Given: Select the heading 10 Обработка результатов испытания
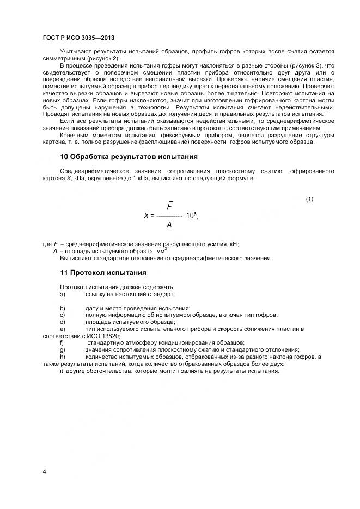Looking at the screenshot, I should click(x=129, y=157).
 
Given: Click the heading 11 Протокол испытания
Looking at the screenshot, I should click(x=103, y=272).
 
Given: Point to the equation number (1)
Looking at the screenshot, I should click(x=309, y=199).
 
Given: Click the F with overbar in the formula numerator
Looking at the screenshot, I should click(x=169, y=206).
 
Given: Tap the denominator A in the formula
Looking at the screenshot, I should click(x=169, y=224).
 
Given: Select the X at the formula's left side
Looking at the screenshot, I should click(x=146, y=216).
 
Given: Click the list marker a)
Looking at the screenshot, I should click(x=63, y=294).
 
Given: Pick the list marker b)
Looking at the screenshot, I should click(x=63, y=308).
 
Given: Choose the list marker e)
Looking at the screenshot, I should click(x=63, y=329).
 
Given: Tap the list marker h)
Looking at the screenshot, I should click(x=63, y=357).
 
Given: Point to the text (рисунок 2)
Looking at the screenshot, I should click(x=102, y=58).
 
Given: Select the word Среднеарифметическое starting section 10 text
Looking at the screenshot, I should click(x=95, y=171).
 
